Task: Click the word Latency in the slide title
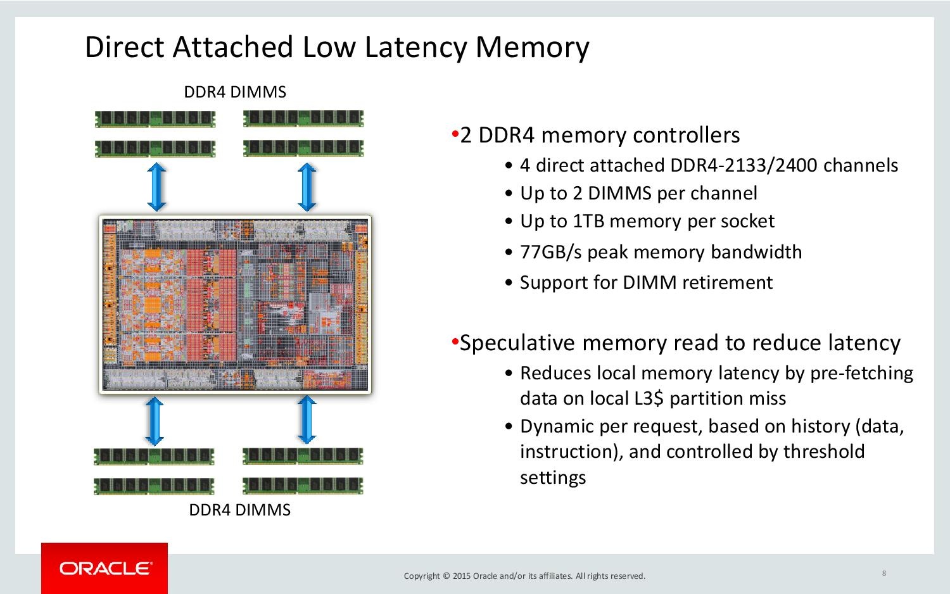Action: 415,47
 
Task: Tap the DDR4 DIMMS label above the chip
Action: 235,92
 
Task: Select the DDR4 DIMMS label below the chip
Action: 239,510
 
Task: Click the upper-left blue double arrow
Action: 156,187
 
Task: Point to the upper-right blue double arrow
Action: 307,187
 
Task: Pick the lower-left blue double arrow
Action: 155,421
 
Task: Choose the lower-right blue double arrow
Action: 307,419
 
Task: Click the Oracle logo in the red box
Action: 105,568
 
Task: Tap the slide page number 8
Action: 884,573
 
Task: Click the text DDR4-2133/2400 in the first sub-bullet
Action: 744,165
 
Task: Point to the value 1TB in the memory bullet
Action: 588,221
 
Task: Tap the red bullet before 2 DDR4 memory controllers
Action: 455,134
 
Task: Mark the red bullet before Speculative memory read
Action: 455,341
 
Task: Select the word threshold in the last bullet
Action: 823,451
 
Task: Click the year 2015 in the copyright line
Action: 462,576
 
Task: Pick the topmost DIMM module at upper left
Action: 155,118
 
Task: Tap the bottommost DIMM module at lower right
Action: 303,486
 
